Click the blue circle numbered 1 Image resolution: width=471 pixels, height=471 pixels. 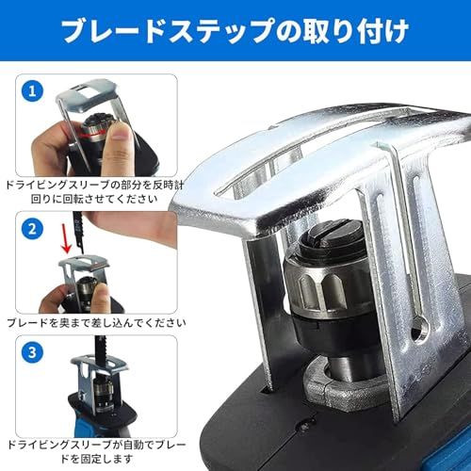33,92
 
